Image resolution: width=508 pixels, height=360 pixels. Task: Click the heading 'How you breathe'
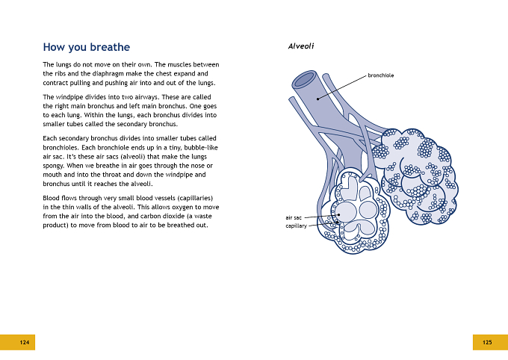point(86,47)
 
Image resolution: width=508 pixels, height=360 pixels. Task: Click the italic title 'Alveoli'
point(301,46)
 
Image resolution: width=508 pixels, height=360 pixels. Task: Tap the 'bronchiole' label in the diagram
point(381,75)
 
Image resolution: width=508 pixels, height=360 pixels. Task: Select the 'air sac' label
point(294,218)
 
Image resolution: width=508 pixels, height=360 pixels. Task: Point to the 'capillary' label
point(296,226)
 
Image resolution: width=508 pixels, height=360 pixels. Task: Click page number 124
point(25,342)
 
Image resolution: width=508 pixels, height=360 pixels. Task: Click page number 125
point(487,342)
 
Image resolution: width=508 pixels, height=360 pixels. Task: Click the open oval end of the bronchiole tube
point(305,78)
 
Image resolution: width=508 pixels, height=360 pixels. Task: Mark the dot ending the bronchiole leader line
point(317,99)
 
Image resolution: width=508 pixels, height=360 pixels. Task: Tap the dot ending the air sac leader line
point(338,214)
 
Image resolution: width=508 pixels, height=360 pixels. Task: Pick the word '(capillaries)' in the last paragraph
point(196,198)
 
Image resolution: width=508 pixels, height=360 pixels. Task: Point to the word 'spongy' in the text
point(53,166)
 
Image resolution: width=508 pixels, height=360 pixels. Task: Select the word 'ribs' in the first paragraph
point(61,73)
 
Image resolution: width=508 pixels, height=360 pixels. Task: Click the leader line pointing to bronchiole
point(342,87)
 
